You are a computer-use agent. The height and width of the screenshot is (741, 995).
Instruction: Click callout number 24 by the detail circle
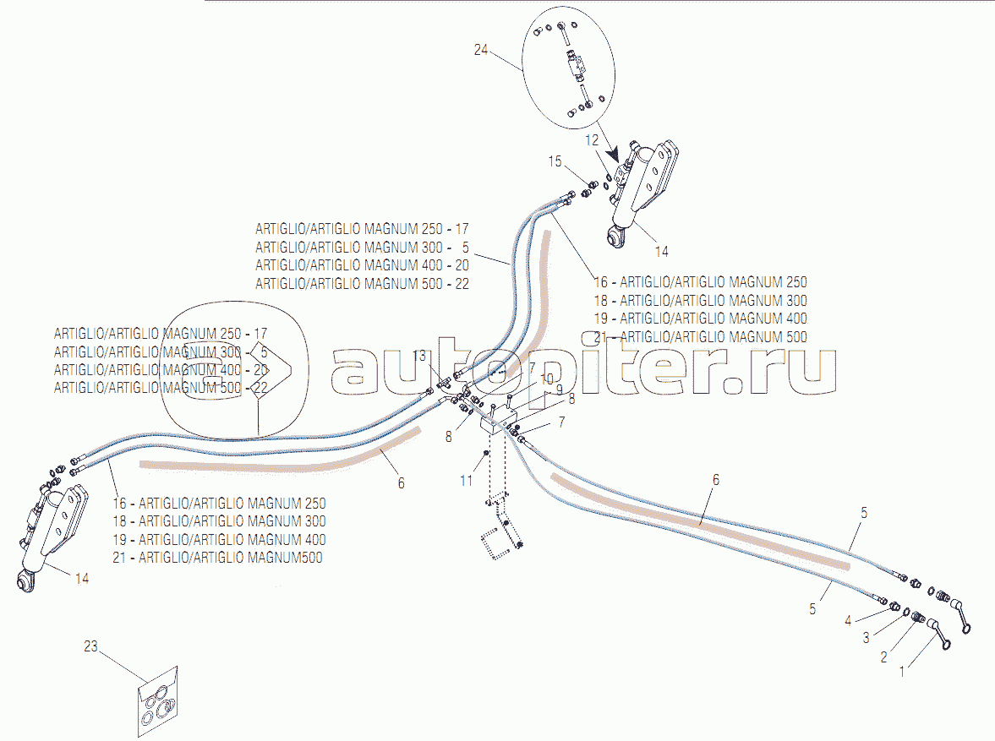pyautogui.click(x=481, y=50)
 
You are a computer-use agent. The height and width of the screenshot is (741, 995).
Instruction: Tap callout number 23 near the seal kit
pyautogui.click(x=91, y=647)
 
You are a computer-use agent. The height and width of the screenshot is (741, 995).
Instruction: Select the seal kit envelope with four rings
pyautogui.click(x=158, y=702)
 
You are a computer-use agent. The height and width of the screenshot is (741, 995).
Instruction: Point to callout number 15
pyautogui.click(x=555, y=161)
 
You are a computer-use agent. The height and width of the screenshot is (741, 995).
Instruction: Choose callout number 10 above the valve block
pyautogui.click(x=548, y=379)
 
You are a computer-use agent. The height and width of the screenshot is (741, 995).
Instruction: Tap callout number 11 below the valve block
pyautogui.click(x=467, y=480)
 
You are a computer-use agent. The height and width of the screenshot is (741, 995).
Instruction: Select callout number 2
pyautogui.click(x=883, y=657)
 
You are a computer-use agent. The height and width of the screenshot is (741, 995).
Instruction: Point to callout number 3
pyautogui.click(x=866, y=638)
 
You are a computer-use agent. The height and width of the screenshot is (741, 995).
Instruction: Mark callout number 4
pyautogui.click(x=848, y=621)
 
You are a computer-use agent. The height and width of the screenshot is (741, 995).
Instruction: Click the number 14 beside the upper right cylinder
pyautogui.click(x=661, y=251)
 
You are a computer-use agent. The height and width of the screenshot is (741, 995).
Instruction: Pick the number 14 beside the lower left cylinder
pyautogui.click(x=82, y=579)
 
